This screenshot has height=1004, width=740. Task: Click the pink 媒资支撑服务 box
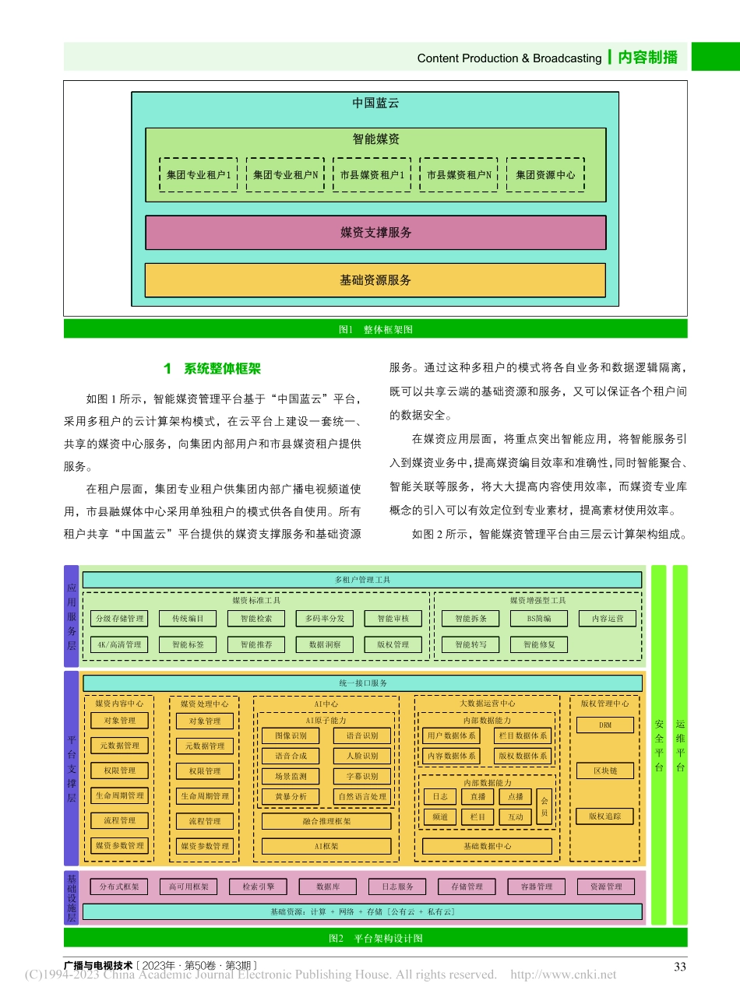[375, 233]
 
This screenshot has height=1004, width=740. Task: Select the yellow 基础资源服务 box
[375, 280]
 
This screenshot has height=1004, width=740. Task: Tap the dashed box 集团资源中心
[545, 175]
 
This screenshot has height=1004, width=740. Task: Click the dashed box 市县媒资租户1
[372, 175]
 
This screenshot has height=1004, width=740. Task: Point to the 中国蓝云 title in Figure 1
[375, 103]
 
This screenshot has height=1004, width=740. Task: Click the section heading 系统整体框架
[213, 369]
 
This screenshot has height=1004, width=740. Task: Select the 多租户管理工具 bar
[362, 580]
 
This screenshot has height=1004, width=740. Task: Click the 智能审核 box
[393, 619]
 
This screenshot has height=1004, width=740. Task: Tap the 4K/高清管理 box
[119, 644]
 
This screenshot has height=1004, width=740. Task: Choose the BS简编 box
[539, 619]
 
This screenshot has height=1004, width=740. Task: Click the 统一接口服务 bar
[362, 683]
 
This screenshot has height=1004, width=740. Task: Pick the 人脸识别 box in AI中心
[362, 756]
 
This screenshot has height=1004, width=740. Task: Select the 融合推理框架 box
[326, 821]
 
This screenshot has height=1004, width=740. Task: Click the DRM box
[605, 725]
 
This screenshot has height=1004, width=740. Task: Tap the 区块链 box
[605, 771]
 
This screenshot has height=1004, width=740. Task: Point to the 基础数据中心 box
[487, 846]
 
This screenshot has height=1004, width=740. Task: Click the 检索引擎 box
[258, 886]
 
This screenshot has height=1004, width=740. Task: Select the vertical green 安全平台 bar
[659, 744]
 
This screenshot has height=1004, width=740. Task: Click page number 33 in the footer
[679, 967]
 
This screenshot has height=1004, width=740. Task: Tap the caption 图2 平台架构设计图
[375, 939]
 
